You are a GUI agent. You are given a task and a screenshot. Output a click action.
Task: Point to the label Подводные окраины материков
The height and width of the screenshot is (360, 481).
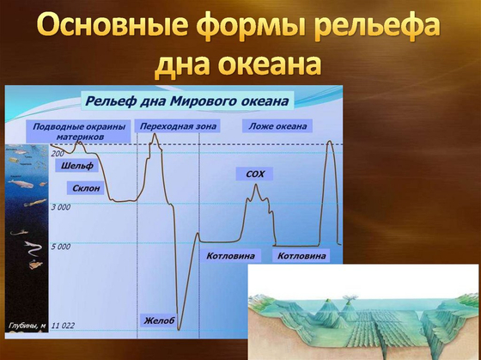coord(80,131)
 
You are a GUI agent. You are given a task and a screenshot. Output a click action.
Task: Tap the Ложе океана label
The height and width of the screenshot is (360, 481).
coord(277,126)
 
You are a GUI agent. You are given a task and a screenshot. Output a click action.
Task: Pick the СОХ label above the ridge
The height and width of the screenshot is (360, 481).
coord(254,174)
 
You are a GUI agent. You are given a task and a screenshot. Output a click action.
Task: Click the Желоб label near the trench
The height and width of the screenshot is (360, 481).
coord(158,320)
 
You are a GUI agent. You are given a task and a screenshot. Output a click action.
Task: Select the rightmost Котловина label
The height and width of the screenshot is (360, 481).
coord(301,256)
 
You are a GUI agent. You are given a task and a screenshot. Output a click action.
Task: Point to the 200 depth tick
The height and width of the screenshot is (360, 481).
coord(58,152)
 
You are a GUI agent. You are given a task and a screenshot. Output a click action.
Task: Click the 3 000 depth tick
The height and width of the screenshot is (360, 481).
coord(60,207)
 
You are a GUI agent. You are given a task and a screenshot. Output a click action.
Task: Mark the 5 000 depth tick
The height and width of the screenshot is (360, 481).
coord(60,247)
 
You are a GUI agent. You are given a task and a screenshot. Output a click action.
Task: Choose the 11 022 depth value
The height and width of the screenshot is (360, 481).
coord(64,326)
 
